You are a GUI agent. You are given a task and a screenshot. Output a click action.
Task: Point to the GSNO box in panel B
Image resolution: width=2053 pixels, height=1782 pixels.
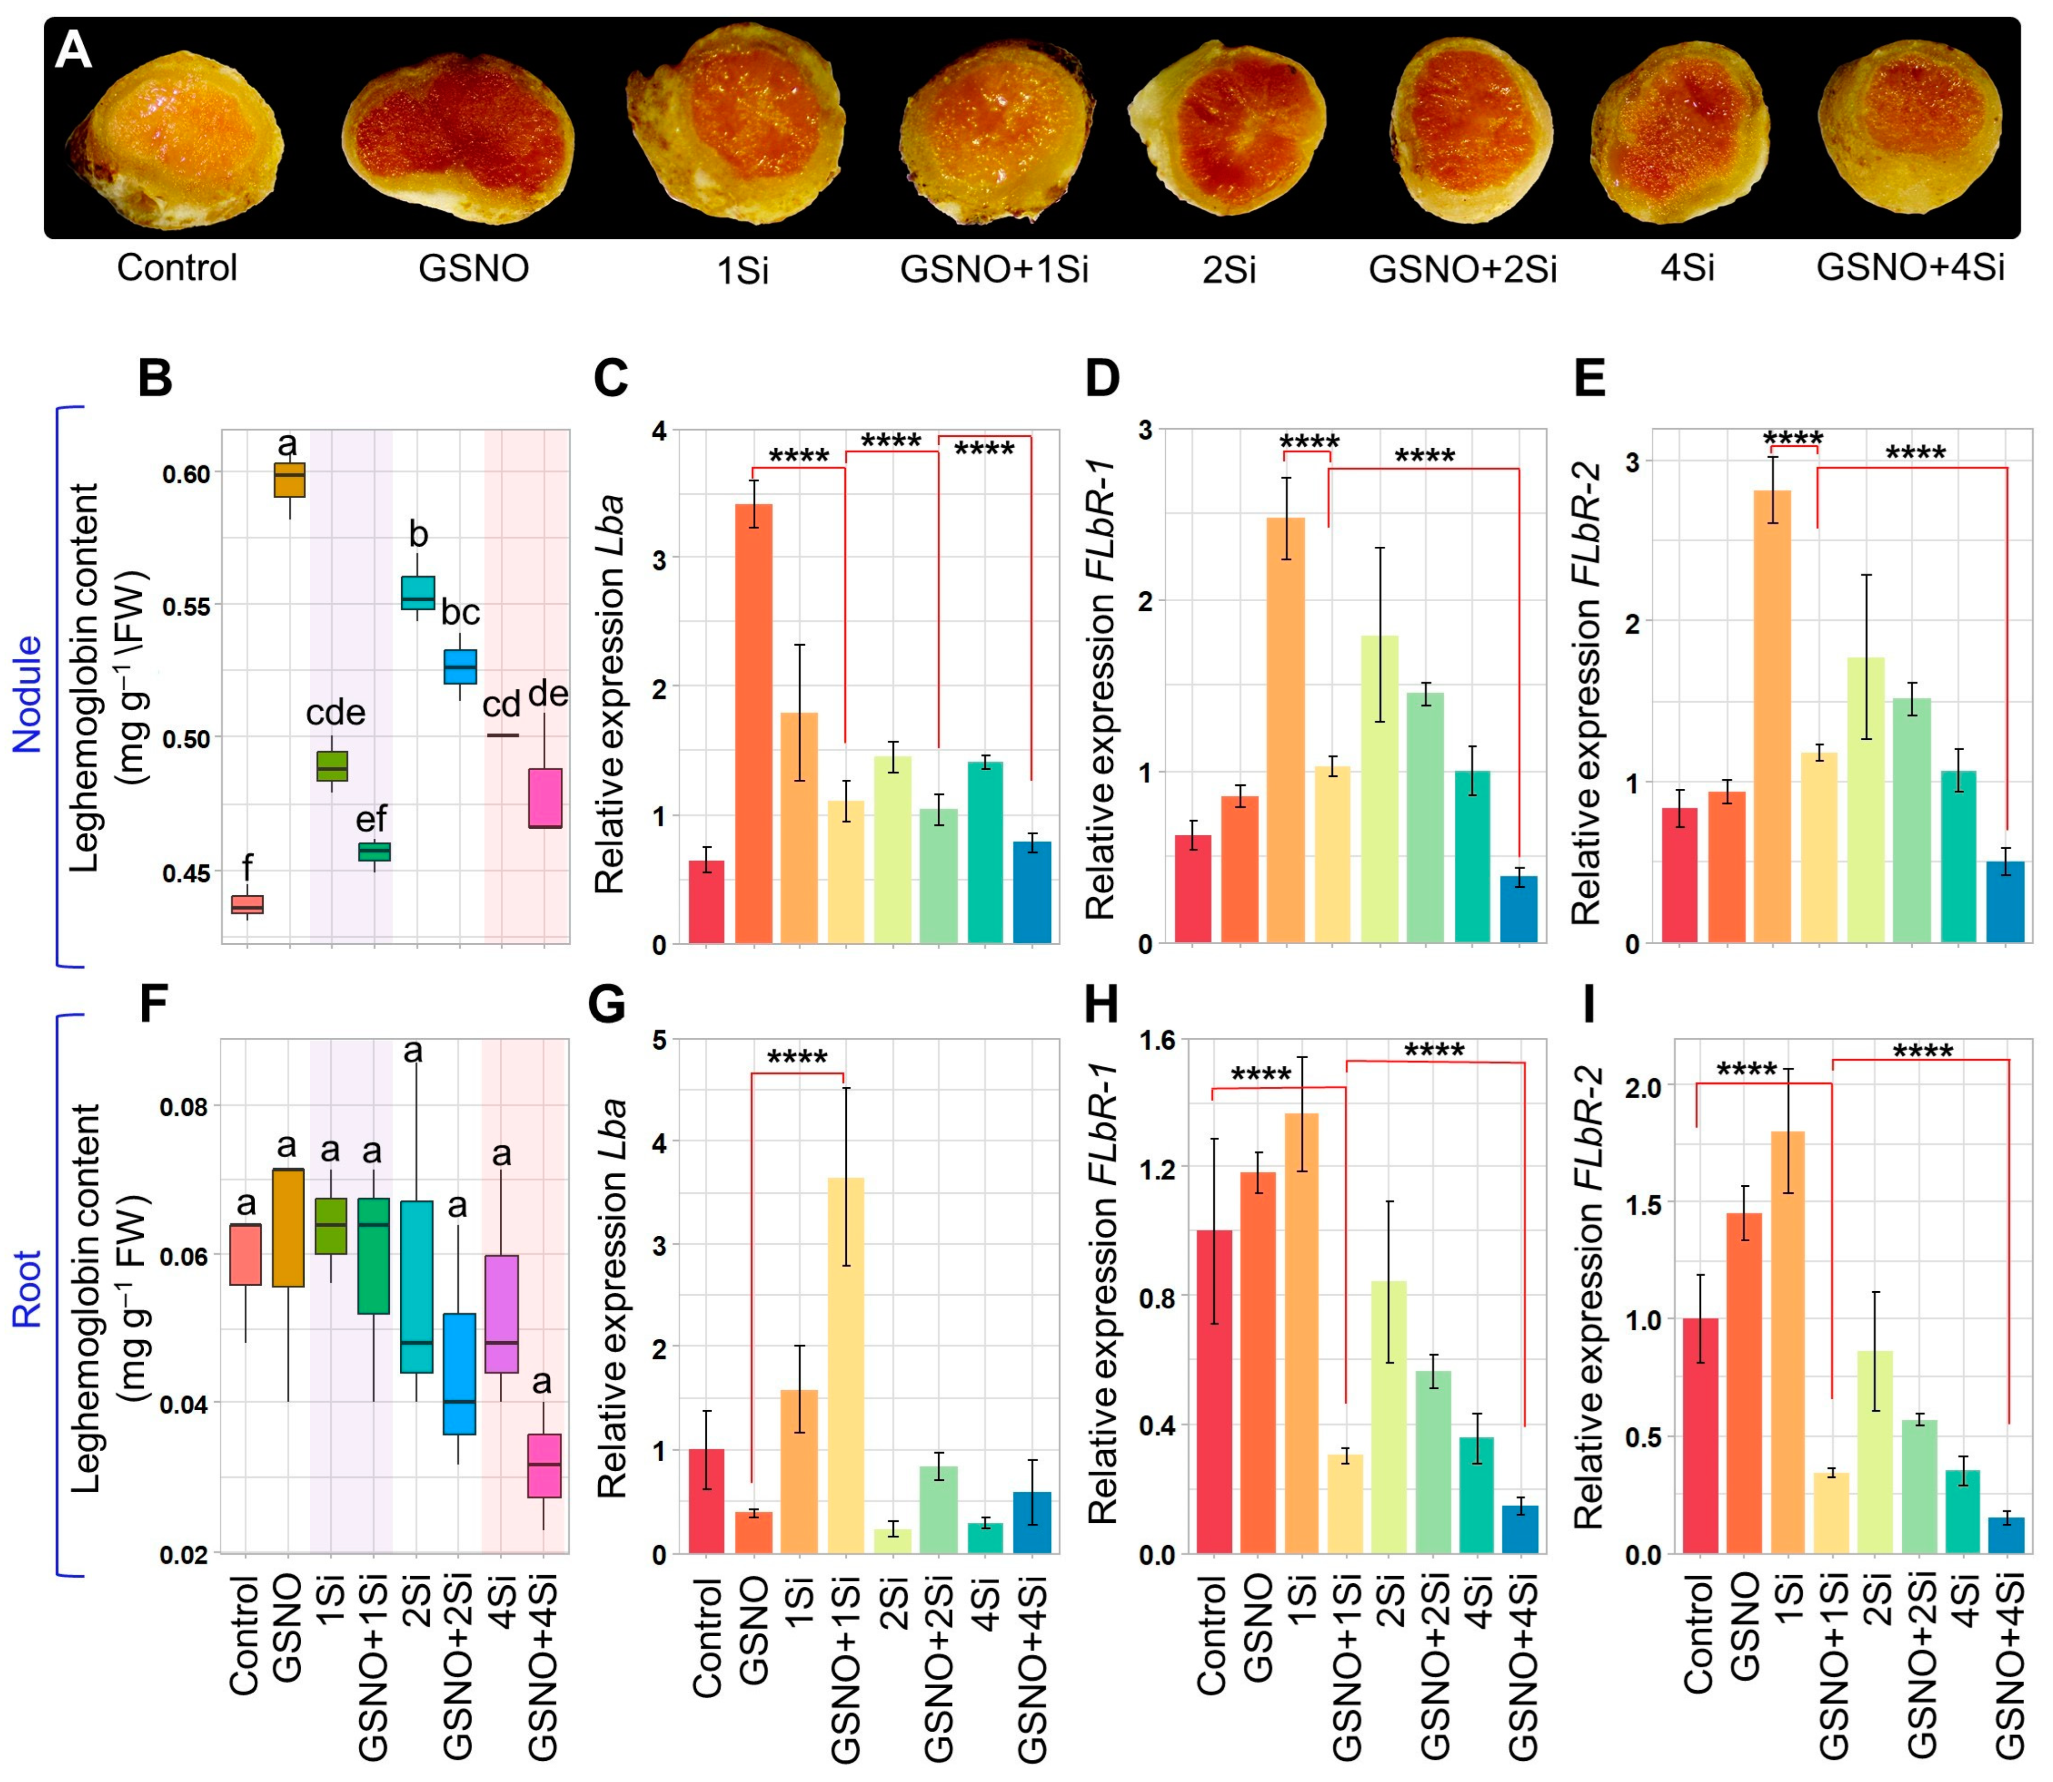point(290,479)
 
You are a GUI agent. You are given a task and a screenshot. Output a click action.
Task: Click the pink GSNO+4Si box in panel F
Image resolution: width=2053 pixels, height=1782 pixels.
point(544,1465)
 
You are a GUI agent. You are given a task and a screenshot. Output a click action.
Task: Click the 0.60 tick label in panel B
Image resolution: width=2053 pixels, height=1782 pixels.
point(187,474)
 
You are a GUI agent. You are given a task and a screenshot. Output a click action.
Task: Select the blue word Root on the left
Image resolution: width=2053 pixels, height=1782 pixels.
point(27,1290)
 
